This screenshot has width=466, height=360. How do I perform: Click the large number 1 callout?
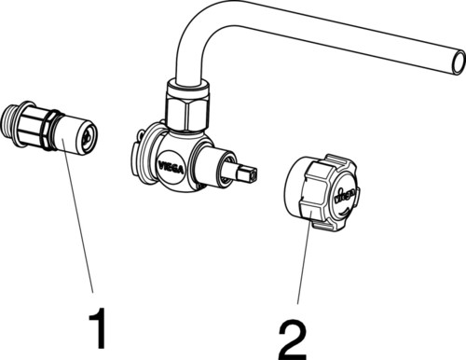[x=98, y=328]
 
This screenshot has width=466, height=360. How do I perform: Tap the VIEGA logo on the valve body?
[x=171, y=167]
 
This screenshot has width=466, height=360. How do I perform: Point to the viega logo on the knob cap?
[x=344, y=196]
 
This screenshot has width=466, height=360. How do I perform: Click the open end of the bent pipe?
[x=459, y=62]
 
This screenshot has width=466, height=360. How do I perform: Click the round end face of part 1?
[x=89, y=137]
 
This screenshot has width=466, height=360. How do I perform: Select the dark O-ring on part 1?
[x=52, y=131]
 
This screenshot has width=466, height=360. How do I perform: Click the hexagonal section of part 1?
[x=33, y=126]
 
